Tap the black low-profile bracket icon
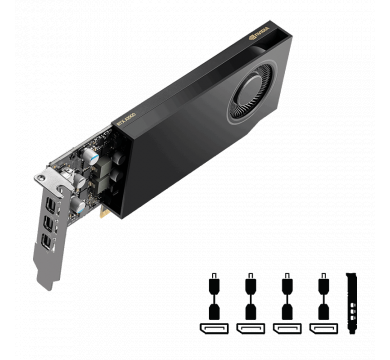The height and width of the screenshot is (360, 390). point(352,303)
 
